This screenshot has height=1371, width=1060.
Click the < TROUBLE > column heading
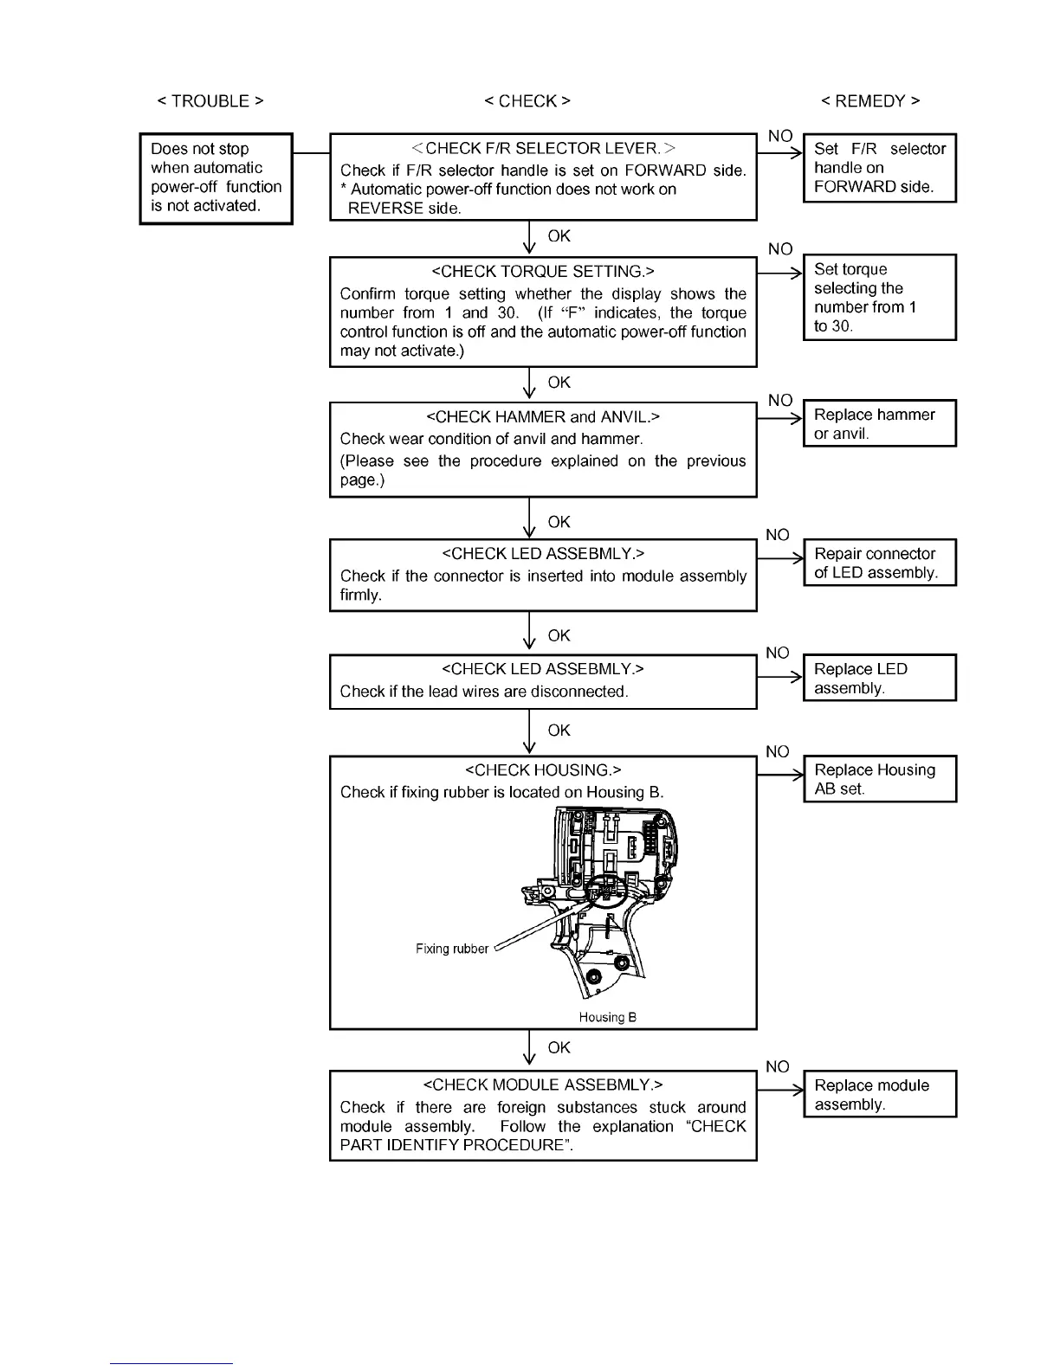coord(210,101)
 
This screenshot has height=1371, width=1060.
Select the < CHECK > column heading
coord(527,101)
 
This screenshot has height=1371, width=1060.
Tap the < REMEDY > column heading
coord(870,101)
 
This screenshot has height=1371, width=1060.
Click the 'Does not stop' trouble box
coord(216,178)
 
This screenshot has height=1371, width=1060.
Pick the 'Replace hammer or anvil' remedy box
coord(879,423)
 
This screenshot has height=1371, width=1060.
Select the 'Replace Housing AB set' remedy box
coord(879,779)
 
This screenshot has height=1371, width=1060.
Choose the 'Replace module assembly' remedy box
coord(879,1094)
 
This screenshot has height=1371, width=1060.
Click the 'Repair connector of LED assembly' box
coord(879,563)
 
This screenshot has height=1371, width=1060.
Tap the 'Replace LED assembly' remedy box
coord(879,678)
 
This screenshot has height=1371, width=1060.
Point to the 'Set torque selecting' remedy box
coord(879,297)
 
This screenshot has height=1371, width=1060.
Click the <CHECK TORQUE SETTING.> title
coord(543,272)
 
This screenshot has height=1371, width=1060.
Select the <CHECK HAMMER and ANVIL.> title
coord(543,417)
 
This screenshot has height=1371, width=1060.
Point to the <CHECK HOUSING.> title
coord(543,770)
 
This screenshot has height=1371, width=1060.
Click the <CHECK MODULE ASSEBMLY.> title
coord(543,1085)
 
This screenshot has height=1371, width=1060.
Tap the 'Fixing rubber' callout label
coord(452,949)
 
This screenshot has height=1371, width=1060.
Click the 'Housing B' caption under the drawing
coord(608,1018)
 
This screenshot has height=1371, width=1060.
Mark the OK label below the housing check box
coord(559,1048)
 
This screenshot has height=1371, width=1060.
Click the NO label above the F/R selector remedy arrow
coord(780,137)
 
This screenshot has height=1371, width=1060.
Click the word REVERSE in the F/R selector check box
coord(385,209)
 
